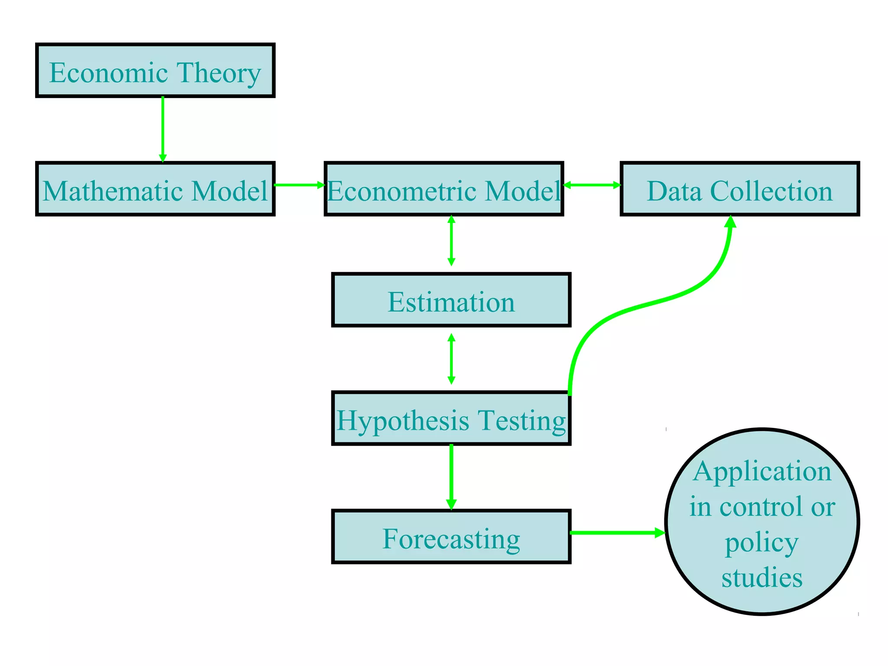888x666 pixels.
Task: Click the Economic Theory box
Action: [155, 70]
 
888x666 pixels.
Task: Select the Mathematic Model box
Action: [155, 189]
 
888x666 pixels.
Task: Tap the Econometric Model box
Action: [444, 189]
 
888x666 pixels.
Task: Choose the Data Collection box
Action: [740, 189]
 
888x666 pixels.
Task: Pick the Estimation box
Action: [451, 300]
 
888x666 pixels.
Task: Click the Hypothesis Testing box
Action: [451, 418]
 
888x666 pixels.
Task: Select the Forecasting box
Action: [451, 537]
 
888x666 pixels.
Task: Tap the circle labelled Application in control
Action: [762, 522]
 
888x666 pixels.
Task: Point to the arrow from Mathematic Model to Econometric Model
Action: [299, 185]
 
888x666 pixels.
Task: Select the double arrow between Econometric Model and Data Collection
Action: [592, 185]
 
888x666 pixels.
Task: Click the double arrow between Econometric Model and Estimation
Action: [451, 241]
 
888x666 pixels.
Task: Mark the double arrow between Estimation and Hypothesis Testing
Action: [451, 359]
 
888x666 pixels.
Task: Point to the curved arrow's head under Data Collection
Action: [731, 222]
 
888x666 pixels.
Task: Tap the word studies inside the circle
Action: [762, 578]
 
